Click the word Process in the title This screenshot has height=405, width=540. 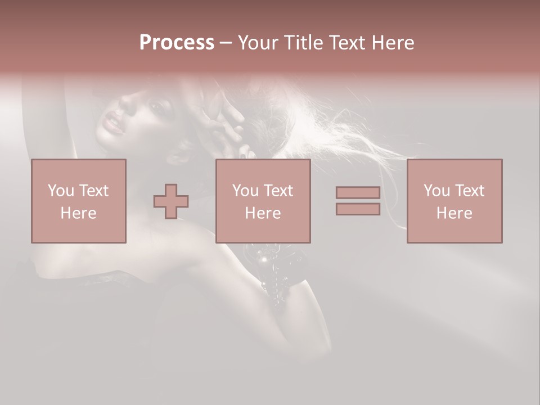click(x=177, y=43)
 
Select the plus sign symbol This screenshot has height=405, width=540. click(x=171, y=201)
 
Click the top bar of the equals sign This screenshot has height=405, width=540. click(x=358, y=192)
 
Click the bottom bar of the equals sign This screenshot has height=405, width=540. click(x=358, y=209)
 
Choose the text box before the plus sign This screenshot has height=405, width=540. click(x=78, y=201)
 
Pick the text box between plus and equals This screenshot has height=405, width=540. click(x=263, y=201)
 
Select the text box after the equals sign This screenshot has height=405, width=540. click(x=454, y=201)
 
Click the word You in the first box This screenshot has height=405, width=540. click(x=60, y=190)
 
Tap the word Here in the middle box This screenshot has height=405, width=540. click(x=263, y=213)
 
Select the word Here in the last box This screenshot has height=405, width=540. click(x=454, y=213)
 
